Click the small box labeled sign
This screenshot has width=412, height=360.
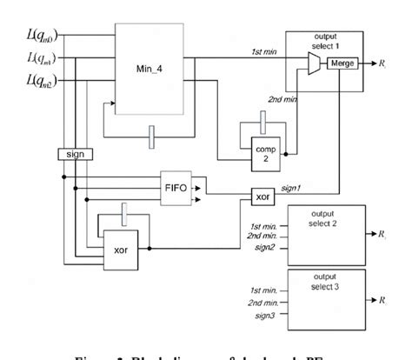pyautogui.click(x=76, y=153)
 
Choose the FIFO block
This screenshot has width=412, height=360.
pyautogui.click(x=174, y=187)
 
